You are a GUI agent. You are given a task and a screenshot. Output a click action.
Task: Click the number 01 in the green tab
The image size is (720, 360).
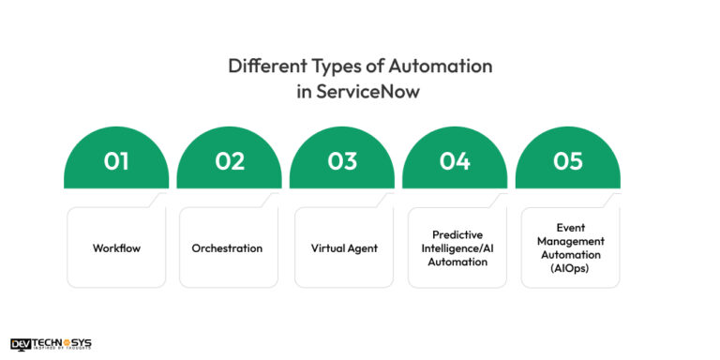[116, 161]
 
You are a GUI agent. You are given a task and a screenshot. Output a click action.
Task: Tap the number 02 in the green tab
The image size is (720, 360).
[229, 161]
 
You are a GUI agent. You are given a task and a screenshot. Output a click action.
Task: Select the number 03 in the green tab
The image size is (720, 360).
[342, 161]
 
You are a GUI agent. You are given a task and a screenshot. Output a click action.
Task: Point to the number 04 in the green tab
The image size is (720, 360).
[455, 161]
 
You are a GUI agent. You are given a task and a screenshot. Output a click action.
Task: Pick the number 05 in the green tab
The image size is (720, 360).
[568, 161]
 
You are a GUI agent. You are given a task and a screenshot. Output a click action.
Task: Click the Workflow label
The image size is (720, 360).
[116, 248]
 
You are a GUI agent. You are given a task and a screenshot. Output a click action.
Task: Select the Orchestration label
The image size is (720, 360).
[227, 248]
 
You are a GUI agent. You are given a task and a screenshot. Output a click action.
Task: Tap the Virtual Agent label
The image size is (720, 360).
[344, 248]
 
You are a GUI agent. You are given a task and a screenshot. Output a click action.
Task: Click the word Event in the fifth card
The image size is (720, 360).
[570, 227]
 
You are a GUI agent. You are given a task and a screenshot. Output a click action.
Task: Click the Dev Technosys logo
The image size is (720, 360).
[52, 344]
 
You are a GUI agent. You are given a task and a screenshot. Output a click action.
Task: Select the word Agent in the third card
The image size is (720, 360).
[361, 248]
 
